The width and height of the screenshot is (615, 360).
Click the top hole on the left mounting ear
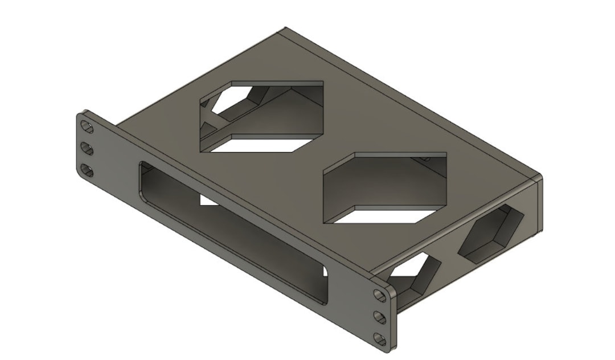pos(87,125)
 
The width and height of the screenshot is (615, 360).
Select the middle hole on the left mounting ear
pos(87,148)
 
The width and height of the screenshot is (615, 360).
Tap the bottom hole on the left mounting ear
pos(87,170)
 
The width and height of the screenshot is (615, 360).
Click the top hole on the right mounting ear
pos(380,294)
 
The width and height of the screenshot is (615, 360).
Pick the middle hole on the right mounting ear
pos(380,317)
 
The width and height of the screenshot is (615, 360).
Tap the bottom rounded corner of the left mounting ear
pos(80,174)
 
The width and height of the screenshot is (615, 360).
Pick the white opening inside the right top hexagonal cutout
pos(393,215)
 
